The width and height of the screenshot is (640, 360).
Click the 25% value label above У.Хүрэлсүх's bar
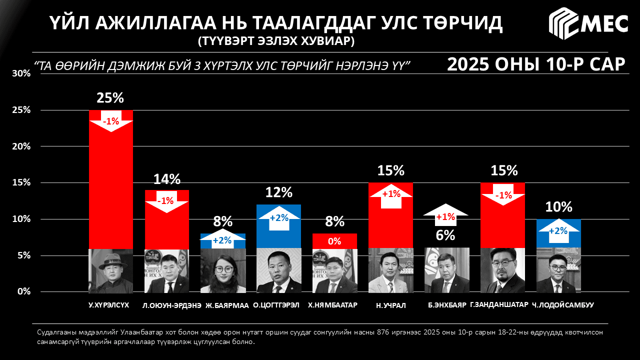pos(110,98)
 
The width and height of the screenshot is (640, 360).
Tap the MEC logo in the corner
pos(588,23)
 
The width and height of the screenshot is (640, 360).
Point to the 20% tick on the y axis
pos(21,146)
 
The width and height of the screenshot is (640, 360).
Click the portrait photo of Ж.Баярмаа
pos(223,270)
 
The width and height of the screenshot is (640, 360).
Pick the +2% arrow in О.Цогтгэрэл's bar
pos(278,218)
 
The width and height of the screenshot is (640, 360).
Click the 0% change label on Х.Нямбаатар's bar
pos(334,241)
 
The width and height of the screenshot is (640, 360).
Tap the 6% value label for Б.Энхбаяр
pos(446,234)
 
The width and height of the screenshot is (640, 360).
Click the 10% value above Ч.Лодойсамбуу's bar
pos(559,207)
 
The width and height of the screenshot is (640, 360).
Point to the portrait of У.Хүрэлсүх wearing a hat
pos(110,270)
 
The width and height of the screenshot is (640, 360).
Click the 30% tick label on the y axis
pos(21,73)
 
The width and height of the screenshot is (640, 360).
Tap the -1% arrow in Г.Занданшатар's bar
pos(502,195)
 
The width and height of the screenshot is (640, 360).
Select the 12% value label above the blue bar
pos(278,192)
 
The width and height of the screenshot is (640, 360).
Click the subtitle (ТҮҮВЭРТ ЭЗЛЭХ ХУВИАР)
pos(276,41)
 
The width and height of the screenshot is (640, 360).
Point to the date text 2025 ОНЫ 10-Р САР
pos(536,64)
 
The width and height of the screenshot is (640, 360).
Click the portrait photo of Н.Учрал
pos(390,270)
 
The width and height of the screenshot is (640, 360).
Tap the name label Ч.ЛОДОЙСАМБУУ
pos(562,305)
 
